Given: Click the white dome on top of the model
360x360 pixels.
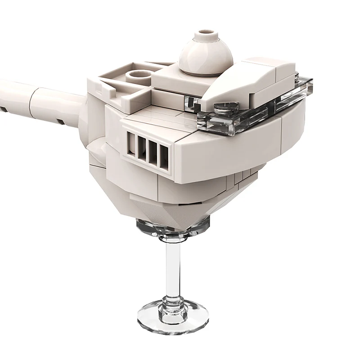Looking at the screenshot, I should (206, 56).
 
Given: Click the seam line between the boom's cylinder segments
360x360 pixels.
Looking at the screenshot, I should (31, 101).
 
